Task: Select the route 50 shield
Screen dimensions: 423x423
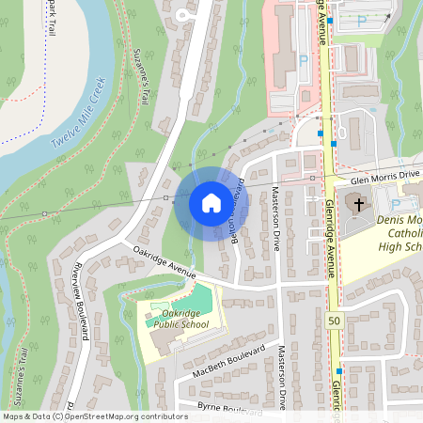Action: pyautogui.click(x=336, y=321)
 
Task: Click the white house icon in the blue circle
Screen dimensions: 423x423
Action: pyautogui.click(x=211, y=203)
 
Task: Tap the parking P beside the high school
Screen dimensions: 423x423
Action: pyautogui.click(x=396, y=203)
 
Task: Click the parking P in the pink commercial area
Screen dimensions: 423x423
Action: pyautogui.click(x=303, y=60)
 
